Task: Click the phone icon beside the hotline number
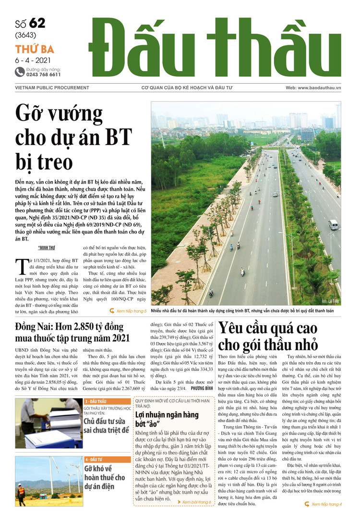(20, 72)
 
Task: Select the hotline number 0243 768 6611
(44, 75)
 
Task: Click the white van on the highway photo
(333, 224)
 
